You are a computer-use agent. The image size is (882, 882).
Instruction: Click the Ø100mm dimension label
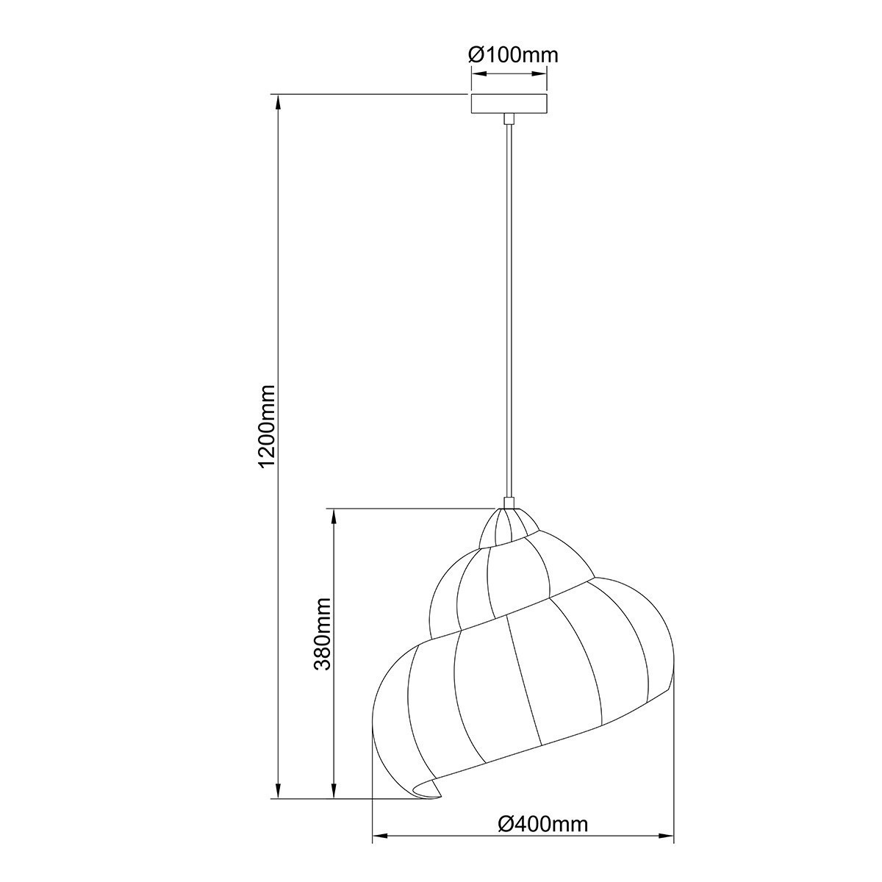point(512,54)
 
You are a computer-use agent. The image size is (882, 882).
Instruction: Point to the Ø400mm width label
point(542,824)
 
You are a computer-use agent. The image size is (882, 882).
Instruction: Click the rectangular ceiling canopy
point(509,104)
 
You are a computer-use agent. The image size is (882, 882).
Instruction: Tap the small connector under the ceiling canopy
point(508,118)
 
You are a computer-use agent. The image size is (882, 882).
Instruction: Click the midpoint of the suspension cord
point(508,309)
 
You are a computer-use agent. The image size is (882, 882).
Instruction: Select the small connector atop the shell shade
point(508,503)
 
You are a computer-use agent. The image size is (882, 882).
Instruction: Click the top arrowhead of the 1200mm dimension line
point(279,103)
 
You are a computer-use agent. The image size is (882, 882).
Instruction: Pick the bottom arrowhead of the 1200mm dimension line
point(279,789)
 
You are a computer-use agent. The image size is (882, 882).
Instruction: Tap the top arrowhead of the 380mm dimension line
point(335,517)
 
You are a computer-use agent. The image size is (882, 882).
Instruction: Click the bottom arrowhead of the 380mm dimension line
point(335,789)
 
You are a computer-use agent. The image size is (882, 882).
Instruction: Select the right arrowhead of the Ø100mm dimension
point(542,73)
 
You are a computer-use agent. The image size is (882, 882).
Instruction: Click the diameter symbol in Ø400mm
point(505,824)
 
